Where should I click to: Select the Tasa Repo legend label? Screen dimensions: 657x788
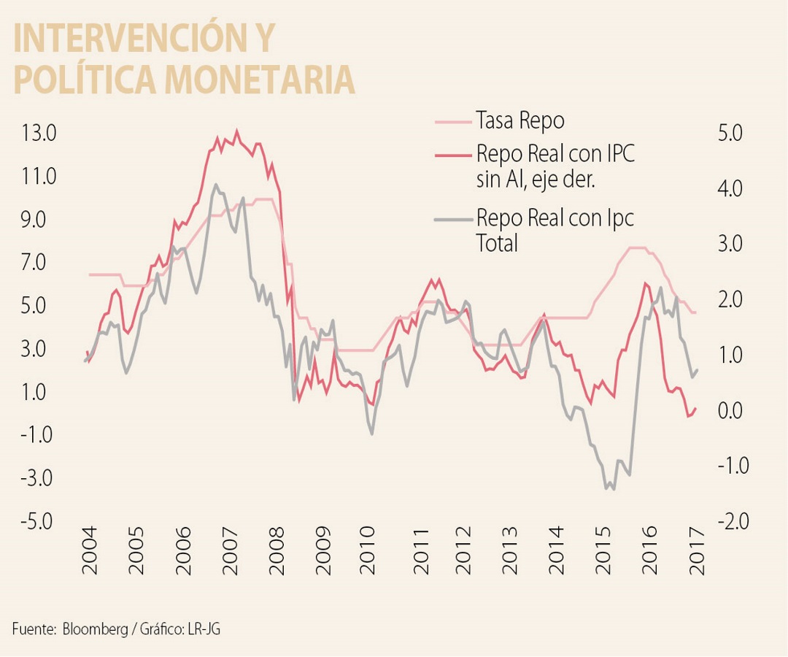(x=519, y=120)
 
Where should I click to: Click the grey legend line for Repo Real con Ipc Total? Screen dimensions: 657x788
(x=452, y=218)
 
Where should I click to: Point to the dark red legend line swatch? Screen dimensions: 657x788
(x=452, y=155)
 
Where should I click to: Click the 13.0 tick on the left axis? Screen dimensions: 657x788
(x=39, y=134)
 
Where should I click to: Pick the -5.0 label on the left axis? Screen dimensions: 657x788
(x=37, y=521)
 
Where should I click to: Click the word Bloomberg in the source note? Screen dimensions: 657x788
(x=94, y=629)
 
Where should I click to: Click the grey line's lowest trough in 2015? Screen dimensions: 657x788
(x=613, y=489)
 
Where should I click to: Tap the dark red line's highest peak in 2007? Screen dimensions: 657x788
(x=236, y=131)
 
